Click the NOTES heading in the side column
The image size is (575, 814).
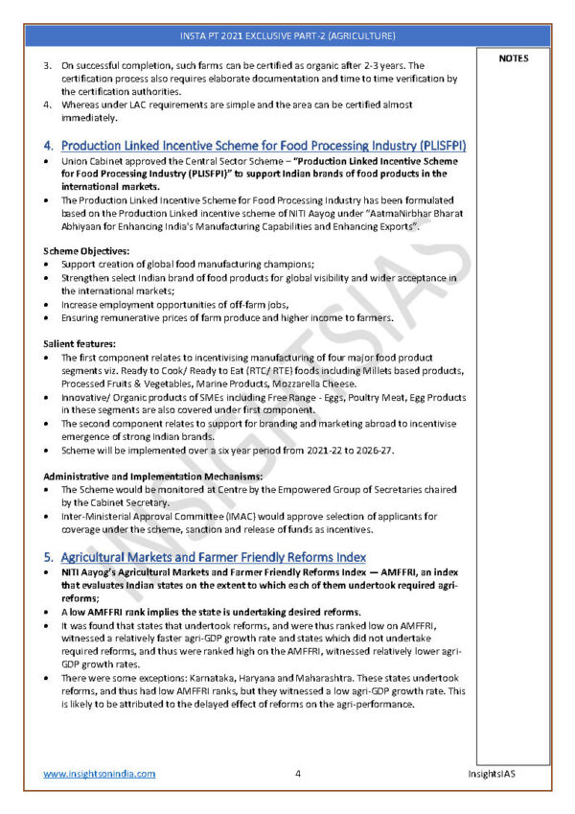pyautogui.click(x=514, y=58)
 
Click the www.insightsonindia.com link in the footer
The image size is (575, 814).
pyautogui.click(x=99, y=773)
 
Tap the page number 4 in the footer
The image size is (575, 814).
pyautogui.click(x=298, y=773)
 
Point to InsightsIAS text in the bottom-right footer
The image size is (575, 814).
pyautogui.click(x=496, y=773)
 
